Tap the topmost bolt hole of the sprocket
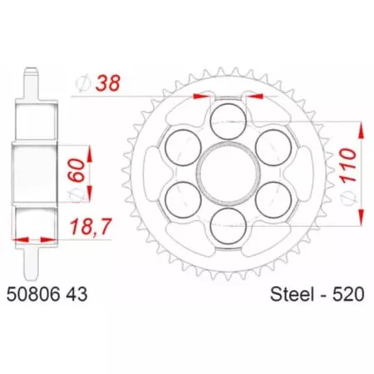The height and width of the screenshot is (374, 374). click(225, 120)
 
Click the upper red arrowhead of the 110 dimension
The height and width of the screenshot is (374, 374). click(362, 127)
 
